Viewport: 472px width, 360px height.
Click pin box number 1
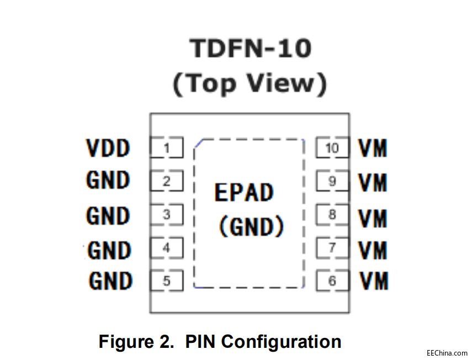click(166, 148)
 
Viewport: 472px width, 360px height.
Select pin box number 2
click(166, 181)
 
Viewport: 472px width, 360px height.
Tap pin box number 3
click(166, 215)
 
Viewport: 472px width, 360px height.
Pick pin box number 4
click(166, 248)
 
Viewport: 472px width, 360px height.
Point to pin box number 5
click(166, 282)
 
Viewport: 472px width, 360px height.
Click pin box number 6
click(332, 281)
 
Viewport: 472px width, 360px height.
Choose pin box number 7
click(332, 248)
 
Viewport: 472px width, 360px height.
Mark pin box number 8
click(332, 215)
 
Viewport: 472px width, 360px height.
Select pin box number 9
click(332, 181)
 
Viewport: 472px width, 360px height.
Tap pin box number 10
click(332, 148)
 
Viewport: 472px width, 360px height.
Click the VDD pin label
click(108, 148)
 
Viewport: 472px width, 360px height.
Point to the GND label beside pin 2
click(108, 181)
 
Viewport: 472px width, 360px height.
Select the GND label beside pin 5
click(110, 281)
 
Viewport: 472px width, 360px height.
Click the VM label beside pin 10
click(373, 148)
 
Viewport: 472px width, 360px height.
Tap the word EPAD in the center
click(243, 193)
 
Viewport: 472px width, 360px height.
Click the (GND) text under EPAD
click(251, 226)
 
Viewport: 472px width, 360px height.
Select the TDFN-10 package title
click(251, 49)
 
